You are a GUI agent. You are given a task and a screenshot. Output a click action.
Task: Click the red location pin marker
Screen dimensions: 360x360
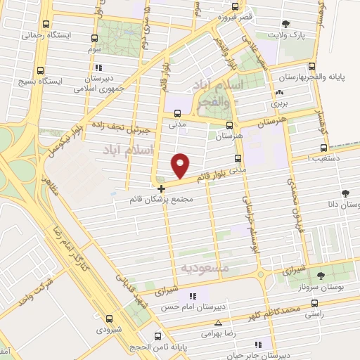pos(181,165)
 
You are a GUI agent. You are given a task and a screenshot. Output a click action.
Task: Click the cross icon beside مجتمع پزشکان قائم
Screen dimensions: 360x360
pos(162,188)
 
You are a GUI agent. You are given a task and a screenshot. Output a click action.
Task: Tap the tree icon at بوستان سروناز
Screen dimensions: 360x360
pos(321,276)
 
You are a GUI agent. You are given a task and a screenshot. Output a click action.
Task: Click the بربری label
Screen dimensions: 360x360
pos(280,103)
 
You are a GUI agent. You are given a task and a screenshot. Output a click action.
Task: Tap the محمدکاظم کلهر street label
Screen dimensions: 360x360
pos(274,309)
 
